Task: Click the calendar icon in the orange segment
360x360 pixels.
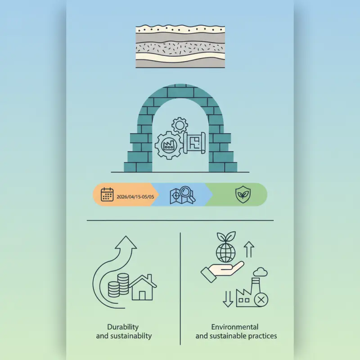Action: click(107, 194)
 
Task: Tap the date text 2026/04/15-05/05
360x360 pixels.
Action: click(135, 197)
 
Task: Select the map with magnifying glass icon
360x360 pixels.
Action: click(183, 195)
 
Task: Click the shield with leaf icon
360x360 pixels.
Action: click(243, 195)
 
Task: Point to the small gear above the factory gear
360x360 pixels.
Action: click(180, 125)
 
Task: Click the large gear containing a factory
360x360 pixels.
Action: click(169, 145)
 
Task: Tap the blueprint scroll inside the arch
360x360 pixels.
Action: click(194, 143)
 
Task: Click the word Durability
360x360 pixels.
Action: click(123, 327)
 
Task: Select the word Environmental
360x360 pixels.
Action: click(234, 327)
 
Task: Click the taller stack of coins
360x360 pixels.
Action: click(123, 284)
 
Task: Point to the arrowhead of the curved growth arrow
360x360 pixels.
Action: click(126, 242)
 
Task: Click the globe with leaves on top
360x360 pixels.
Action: click(226, 247)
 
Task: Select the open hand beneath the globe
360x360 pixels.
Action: click(222, 271)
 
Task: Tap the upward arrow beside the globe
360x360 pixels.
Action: click(249, 249)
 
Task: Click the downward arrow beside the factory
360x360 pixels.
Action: click(228, 299)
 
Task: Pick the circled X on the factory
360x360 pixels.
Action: click(261, 300)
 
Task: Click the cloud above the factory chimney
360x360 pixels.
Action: click(261, 272)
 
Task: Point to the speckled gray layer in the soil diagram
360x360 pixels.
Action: click(180, 48)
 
